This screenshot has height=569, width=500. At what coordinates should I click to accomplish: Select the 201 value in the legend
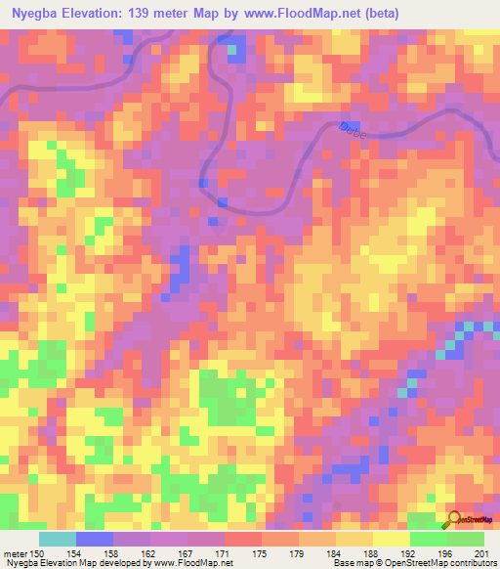point(479,554)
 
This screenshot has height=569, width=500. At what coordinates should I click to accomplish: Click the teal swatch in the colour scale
point(58,539)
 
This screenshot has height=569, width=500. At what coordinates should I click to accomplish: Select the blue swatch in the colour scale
point(95,539)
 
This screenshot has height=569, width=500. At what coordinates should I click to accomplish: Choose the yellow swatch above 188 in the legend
point(354,539)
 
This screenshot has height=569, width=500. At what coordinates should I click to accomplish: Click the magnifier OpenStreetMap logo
point(454,520)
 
